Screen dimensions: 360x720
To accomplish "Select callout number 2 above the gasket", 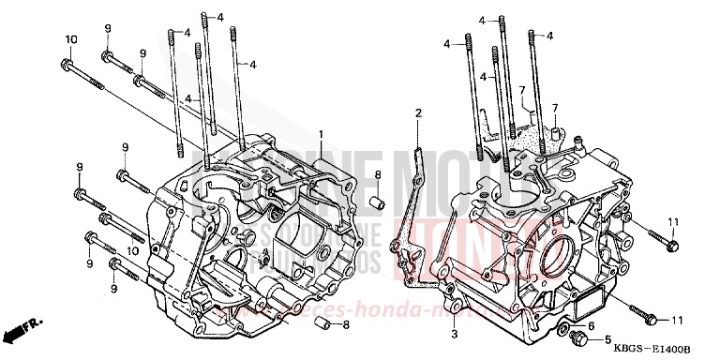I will (x=418, y=112).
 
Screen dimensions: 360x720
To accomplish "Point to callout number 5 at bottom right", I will (x=607, y=339).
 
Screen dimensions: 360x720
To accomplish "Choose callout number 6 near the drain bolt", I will (x=591, y=325).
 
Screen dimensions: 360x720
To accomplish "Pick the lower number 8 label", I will (x=346, y=325).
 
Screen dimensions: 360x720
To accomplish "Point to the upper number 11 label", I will (x=672, y=220).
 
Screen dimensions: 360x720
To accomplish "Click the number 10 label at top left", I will (x=70, y=38).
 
